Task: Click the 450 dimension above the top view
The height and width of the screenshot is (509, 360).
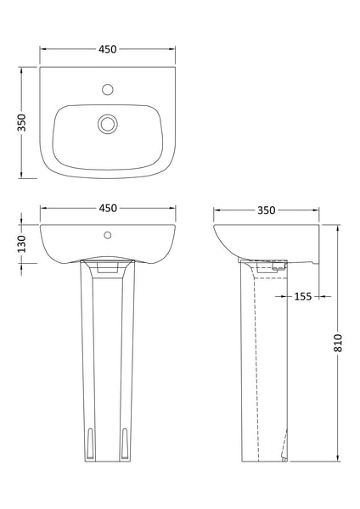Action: coord(107,48)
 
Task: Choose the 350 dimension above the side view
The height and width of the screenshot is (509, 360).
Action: coord(265,209)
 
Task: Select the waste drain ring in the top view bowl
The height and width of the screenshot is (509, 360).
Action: coord(107,124)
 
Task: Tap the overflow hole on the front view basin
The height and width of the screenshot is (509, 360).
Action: coord(107,235)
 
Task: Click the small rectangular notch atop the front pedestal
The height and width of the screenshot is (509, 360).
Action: coord(107,267)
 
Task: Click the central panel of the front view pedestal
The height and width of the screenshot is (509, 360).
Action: coord(107,365)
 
